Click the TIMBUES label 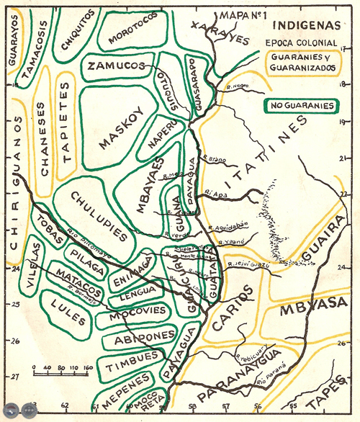pos(132,366)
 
